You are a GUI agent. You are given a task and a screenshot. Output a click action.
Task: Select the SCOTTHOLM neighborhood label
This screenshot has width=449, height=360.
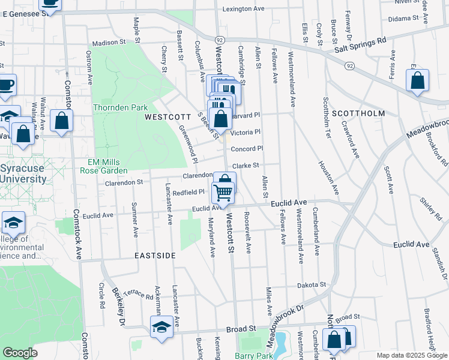[x=358, y=113]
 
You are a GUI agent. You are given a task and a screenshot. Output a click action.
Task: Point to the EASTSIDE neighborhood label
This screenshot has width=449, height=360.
[x=155, y=256]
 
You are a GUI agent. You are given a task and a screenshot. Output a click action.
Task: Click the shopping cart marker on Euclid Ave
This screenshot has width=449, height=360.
[x=223, y=193]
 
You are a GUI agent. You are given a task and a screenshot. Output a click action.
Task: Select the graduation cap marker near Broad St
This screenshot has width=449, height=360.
[x=161, y=327]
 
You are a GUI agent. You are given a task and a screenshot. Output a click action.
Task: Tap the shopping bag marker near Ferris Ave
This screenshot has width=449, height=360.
[x=417, y=80]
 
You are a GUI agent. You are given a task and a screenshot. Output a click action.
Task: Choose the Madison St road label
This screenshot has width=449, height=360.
[x=109, y=43]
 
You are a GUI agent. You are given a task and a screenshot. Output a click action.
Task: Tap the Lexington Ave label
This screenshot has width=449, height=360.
[x=243, y=9]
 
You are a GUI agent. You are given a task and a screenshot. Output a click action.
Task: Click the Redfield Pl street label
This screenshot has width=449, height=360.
[x=189, y=192]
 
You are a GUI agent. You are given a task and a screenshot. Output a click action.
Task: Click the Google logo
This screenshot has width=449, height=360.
[x=20, y=353]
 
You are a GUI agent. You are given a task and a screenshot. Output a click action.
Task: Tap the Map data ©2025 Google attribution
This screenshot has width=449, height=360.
[x=411, y=355]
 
